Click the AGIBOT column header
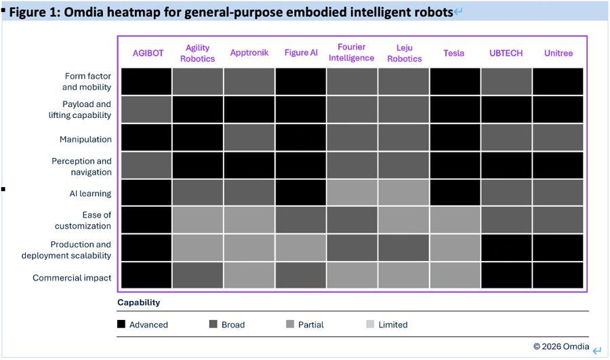click(x=148, y=53)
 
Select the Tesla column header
click(x=454, y=53)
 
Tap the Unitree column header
click(x=558, y=53)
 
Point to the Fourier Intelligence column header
click(x=352, y=52)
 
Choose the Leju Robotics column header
click(x=405, y=53)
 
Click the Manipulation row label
click(x=85, y=139)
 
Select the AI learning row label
click(x=90, y=193)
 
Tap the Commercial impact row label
click(x=72, y=278)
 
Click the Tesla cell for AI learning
click(x=455, y=193)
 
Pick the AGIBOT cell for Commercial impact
click(x=146, y=276)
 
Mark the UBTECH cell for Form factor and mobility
click(x=506, y=81)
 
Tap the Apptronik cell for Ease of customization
click(x=249, y=220)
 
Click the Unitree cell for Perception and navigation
click(x=558, y=165)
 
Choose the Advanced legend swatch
click(x=121, y=324)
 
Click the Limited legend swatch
click(x=370, y=324)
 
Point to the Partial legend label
click(x=310, y=325)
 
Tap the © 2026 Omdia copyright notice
click(x=561, y=346)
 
